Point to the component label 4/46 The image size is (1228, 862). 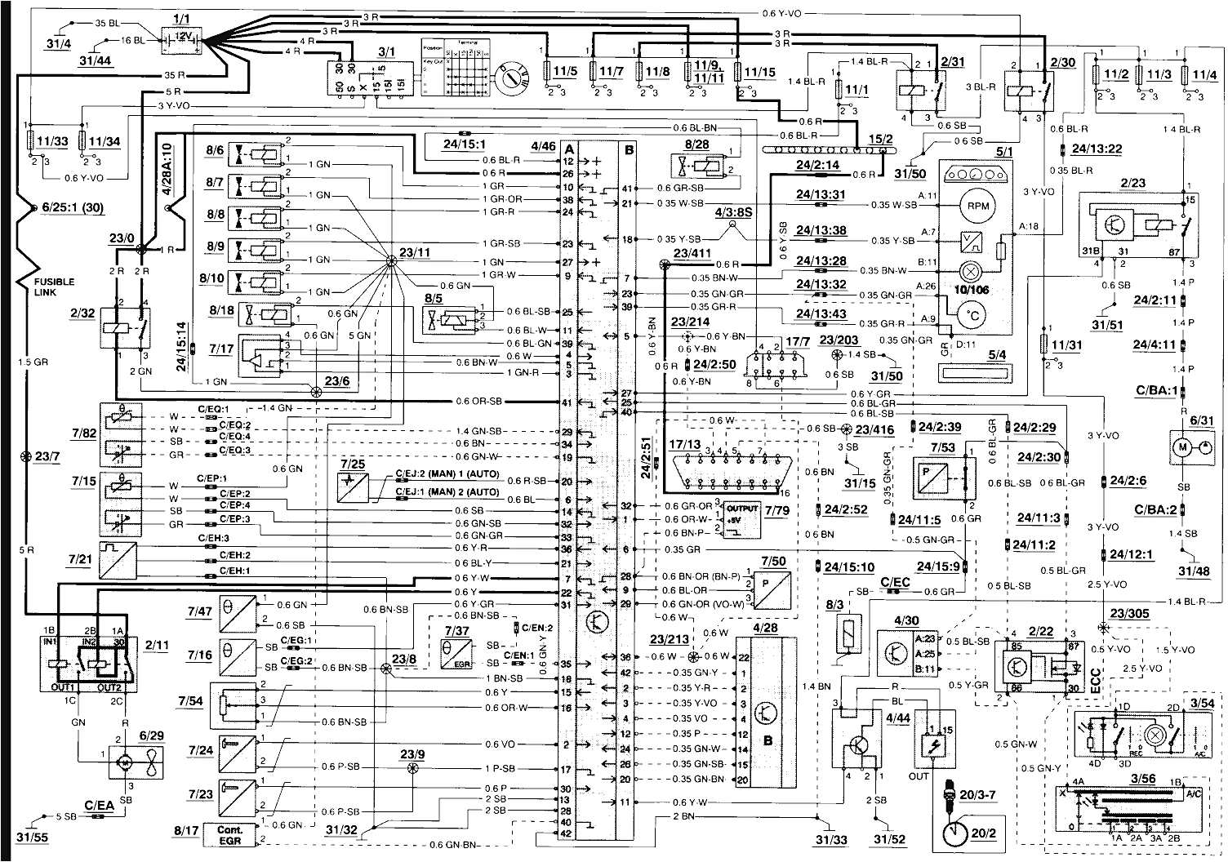coord(543,148)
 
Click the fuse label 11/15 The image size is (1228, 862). coord(758,73)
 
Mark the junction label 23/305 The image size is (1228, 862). coord(1126,614)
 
